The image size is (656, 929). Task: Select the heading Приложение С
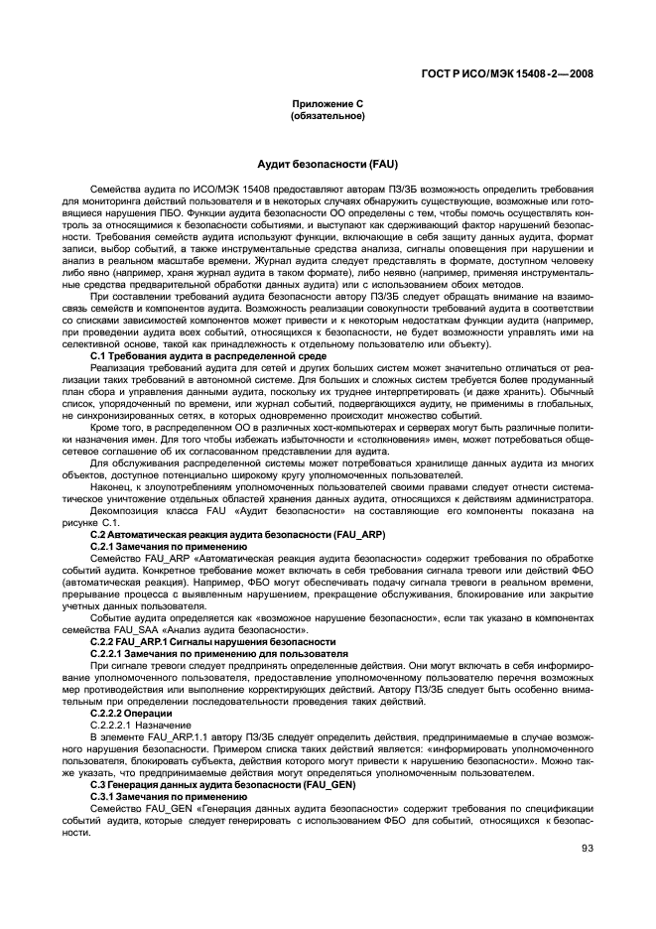327,104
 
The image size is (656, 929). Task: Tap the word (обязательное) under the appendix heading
327,116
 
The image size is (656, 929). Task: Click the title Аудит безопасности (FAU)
327,161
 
